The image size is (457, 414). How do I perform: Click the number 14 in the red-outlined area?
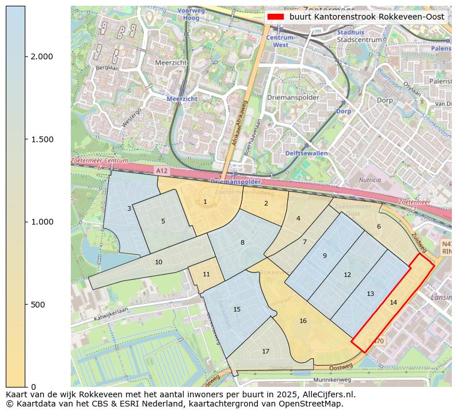click(x=393, y=302)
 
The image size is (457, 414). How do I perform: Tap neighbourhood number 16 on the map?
click(x=303, y=321)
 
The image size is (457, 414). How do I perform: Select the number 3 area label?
click(x=129, y=208)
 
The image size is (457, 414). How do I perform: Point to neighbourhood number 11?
click(x=206, y=274)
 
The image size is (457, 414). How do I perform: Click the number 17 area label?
click(x=265, y=351)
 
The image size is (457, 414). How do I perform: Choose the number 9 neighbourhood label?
click(x=325, y=256)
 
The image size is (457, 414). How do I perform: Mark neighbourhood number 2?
click(x=266, y=203)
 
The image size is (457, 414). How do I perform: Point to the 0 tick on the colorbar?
click(x=33, y=386)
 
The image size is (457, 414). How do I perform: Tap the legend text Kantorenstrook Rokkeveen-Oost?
click(x=367, y=17)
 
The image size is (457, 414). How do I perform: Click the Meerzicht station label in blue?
click(x=182, y=98)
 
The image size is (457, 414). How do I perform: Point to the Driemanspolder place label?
click(x=293, y=97)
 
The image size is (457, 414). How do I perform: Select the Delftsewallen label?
click(x=306, y=153)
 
